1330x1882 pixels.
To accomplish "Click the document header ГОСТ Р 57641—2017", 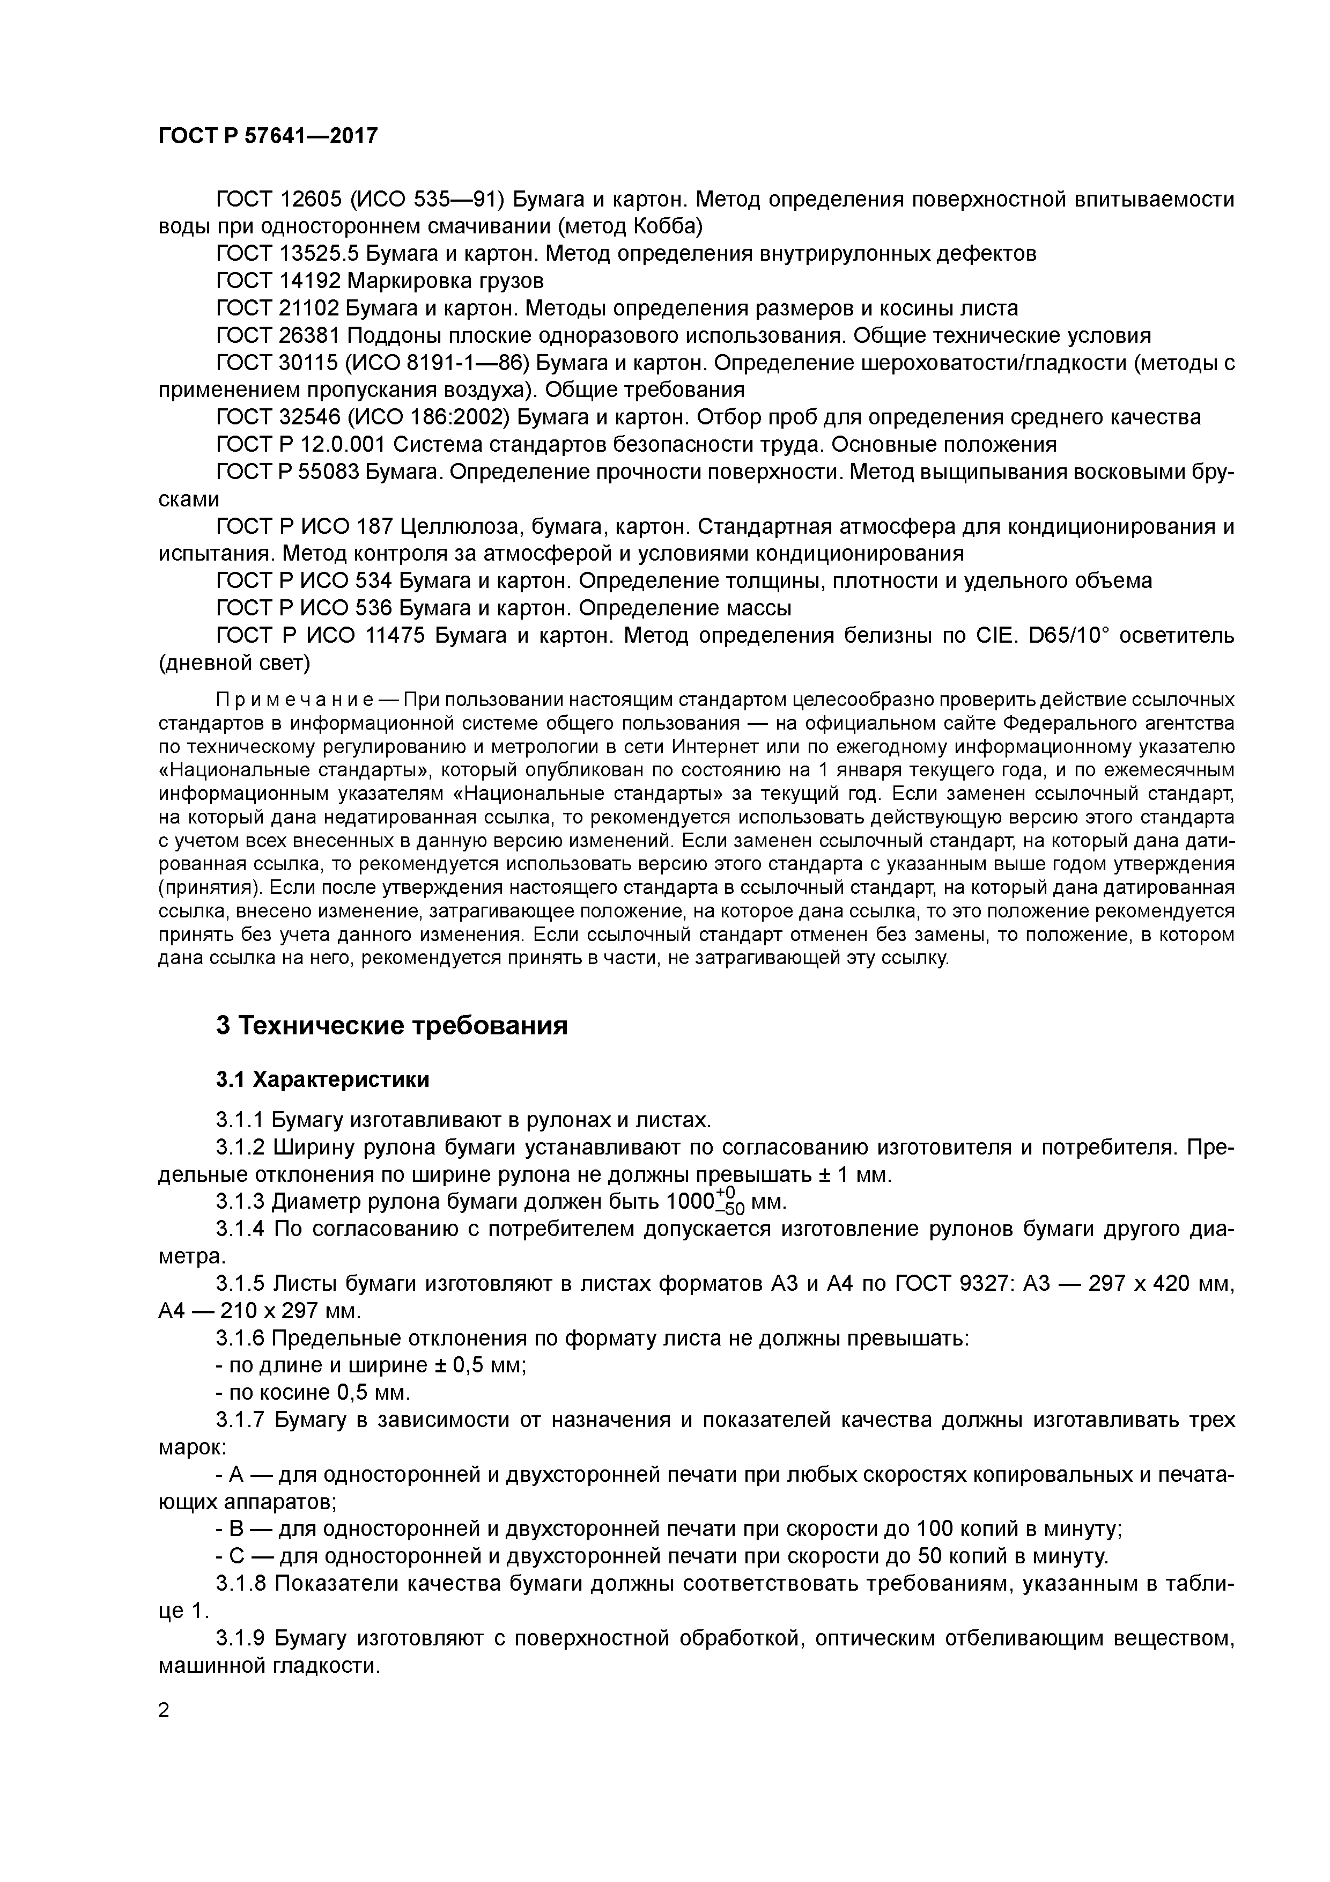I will coord(268,136).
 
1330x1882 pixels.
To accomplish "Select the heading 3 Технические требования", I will coord(391,1025).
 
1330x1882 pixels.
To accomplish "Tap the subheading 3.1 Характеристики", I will coord(322,1079).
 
